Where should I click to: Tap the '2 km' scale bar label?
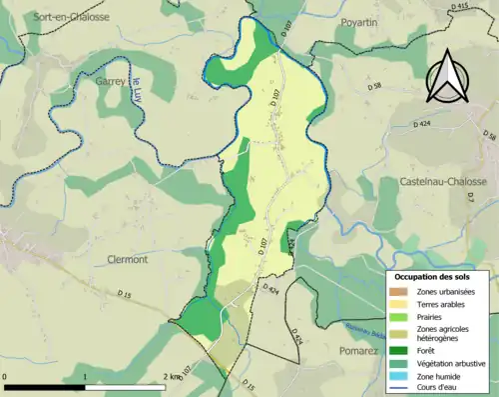coord(173,377)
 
